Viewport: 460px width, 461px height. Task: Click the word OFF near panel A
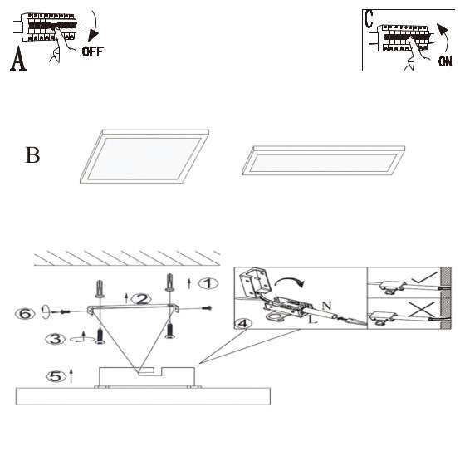(93, 51)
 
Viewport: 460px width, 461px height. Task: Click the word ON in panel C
(445, 61)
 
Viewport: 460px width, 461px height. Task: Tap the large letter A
(18, 58)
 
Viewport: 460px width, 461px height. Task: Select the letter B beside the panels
(32, 154)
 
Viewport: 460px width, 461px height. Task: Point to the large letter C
(369, 19)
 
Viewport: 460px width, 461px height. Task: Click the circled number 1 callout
(208, 284)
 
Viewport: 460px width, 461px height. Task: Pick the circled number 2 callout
(141, 299)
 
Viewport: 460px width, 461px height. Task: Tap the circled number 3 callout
(56, 339)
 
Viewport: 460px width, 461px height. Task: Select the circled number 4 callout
(243, 323)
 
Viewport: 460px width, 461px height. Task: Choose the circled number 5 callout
(56, 376)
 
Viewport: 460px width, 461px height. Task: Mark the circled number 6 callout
(25, 314)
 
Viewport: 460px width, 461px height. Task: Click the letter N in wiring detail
(327, 306)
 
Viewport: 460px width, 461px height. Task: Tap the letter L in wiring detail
(312, 319)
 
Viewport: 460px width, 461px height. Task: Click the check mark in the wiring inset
(423, 278)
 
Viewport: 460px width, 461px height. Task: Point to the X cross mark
(421, 309)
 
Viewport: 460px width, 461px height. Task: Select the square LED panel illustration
(144, 156)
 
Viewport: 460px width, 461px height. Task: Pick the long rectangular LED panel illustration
(323, 160)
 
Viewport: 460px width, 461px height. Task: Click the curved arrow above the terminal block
(290, 280)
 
